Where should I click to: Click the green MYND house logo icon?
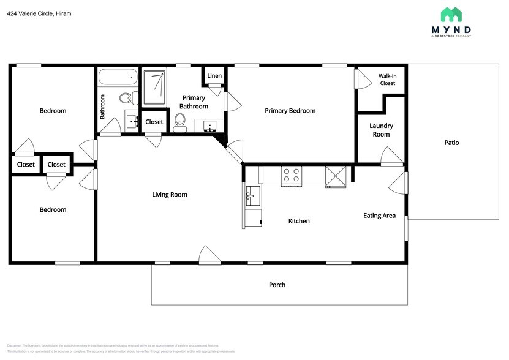[451, 15]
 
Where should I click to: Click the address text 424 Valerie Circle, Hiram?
[39, 13]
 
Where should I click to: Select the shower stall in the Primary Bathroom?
[154, 87]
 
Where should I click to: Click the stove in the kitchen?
[291, 176]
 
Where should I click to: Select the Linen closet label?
[214, 76]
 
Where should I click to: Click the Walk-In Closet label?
[387, 80]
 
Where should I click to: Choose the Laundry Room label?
[381, 130]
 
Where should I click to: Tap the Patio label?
[451, 143]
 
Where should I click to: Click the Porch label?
[277, 285]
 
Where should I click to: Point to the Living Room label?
[170, 195]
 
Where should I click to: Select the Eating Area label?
[379, 216]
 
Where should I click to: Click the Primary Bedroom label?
[290, 111]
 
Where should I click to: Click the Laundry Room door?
[391, 157]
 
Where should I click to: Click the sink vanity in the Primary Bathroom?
[209, 126]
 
